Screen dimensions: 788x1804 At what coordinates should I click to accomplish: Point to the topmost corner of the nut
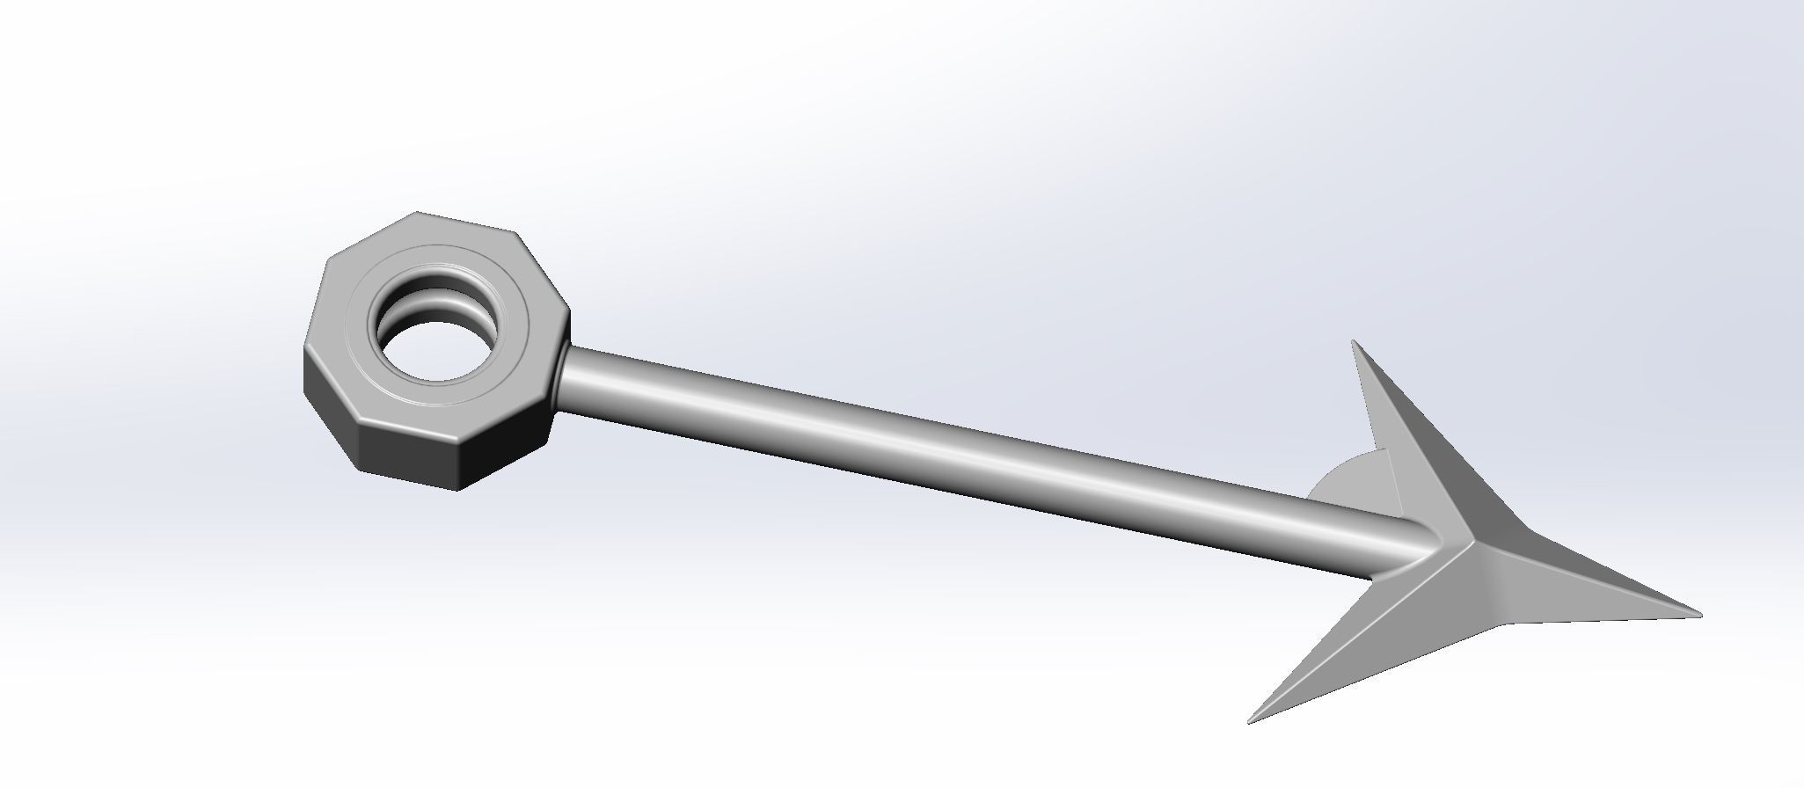(x=417, y=213)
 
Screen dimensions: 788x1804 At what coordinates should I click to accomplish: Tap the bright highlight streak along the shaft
(x=968, y=453)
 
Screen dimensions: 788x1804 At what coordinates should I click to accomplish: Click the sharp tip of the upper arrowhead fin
(x=1355, y=343)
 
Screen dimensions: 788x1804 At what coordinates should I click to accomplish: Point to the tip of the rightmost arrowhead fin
(x=1698, y=614)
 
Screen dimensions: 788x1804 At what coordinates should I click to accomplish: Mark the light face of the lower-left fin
(x=1372, y=642)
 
